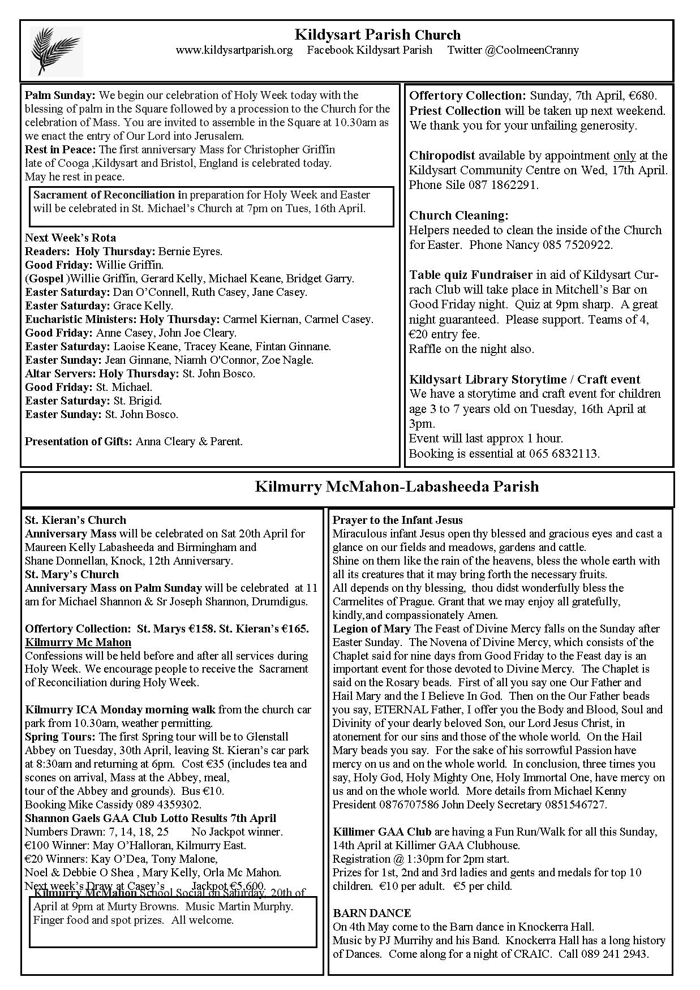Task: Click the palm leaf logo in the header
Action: [55, 51]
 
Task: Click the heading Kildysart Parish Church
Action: [377, 35]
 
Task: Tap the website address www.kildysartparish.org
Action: [234, 50]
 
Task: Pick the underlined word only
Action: [624, 156]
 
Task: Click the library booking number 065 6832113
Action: [564, 453]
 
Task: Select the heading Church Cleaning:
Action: [459, 216]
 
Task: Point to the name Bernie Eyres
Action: [190, 251]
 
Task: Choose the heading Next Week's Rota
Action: [70, 238]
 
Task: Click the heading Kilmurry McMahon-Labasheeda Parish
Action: [397, 487]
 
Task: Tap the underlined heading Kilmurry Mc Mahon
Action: [78, 642]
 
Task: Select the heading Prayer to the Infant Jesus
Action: [397, 520]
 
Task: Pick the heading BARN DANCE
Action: [372, 913]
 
